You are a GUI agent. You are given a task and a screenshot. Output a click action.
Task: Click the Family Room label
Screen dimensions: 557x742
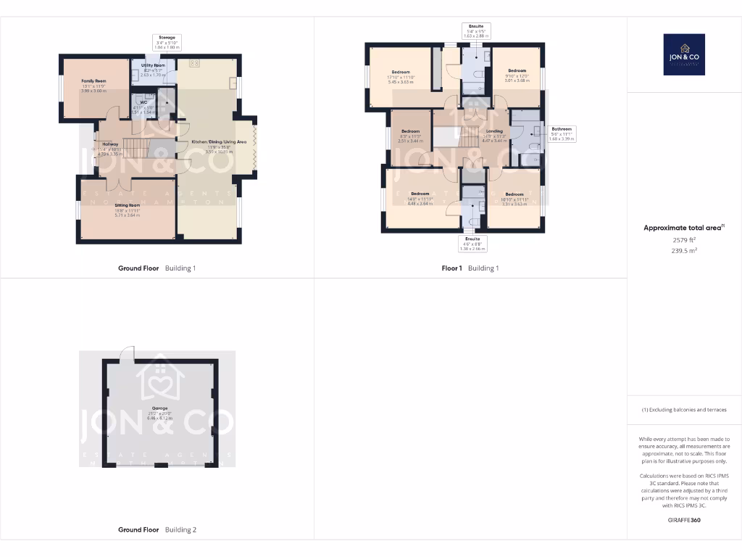click(x=93, y=81)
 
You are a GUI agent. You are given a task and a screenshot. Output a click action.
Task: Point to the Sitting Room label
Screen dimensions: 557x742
click(x=127, y=206)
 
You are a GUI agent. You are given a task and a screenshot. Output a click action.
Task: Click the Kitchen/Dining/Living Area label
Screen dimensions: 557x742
click(x=209, y=142)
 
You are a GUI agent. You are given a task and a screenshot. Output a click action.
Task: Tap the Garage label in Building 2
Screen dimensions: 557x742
click(x=159, y=408)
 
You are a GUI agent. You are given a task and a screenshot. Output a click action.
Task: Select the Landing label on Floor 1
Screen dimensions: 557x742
click(x=494, y=131)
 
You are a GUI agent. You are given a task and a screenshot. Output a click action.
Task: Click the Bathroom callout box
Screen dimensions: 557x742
click(x=562, y=134)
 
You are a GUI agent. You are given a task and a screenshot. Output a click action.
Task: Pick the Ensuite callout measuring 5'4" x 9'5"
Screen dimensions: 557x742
click(x=476, y=30)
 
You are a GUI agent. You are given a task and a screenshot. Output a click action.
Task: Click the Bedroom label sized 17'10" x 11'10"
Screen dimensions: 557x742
click(x=401, y=73)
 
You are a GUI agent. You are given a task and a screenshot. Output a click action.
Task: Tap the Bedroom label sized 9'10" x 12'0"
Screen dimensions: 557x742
click(x=517, y=71)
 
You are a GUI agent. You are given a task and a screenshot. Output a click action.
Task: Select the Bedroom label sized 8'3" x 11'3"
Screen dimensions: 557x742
click(x=411, y=131)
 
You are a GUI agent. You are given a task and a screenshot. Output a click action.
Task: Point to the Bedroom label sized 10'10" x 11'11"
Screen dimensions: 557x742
click(x=514, y=194)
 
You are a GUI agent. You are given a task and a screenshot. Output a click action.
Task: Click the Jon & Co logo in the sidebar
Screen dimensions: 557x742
click(x=683, y=54)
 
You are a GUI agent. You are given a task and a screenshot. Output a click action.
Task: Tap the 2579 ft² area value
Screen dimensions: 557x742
click(x=683, y=239)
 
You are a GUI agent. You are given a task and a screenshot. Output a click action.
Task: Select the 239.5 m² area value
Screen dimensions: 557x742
click(x=683, y=250)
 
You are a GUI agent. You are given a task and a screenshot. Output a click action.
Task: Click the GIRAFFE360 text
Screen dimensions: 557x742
click(x=683, y=520)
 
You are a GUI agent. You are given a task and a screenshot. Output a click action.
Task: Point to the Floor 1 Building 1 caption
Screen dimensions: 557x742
click(x=470, y=268)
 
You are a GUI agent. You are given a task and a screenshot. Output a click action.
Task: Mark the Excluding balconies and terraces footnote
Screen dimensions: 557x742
click(x=683, y=410)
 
